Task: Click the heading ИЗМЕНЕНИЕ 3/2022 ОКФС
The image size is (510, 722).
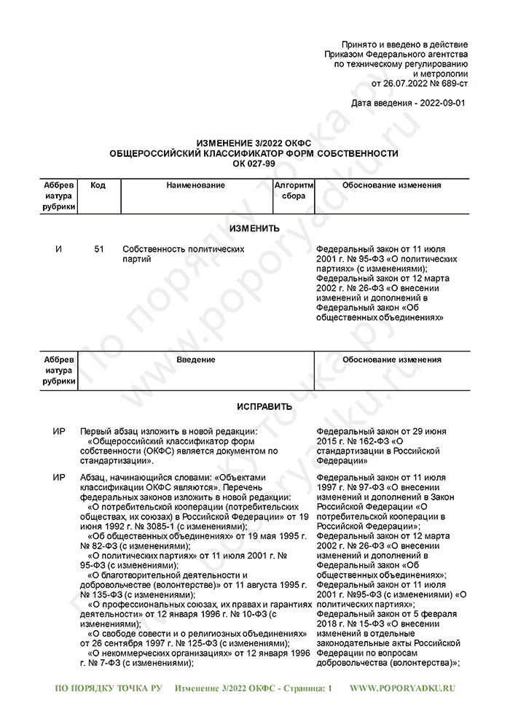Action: [254, 144]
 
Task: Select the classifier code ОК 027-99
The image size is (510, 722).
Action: [254, 163]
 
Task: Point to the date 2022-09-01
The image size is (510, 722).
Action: [439, 104]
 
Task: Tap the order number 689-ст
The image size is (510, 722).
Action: [448, 84]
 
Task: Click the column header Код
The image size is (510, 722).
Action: [98, 186]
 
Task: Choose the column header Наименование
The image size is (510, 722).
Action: [195, 186]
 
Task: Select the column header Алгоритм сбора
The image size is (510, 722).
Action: [294, 191]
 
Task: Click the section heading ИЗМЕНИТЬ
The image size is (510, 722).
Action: [254, 228]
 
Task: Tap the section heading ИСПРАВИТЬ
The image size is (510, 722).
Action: [254, 406]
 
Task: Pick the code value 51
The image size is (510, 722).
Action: [99, 249]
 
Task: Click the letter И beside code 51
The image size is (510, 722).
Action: [59, 249]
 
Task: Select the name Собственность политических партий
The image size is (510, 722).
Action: [183, 255]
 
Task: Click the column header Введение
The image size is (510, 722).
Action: [195, 360]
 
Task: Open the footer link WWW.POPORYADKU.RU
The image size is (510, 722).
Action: [402, 688]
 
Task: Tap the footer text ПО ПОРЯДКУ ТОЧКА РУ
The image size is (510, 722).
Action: [109, 688]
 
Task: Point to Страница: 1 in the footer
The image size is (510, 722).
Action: [305, 688]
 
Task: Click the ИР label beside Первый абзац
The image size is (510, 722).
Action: [59, 432]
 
